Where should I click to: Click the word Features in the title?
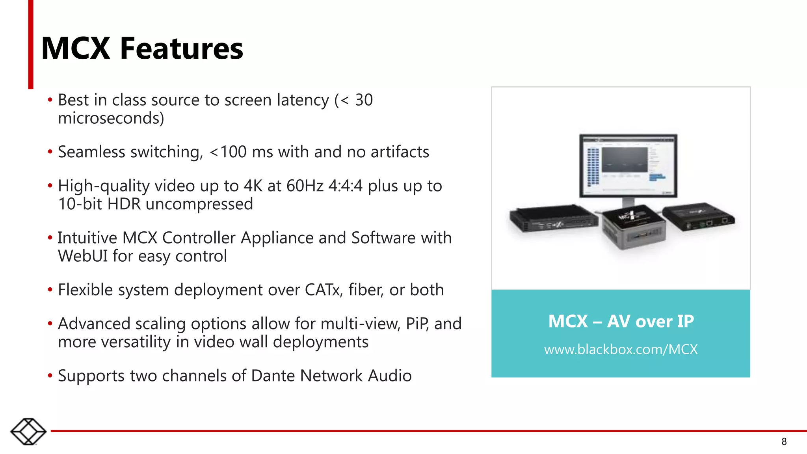[x=182, y=48]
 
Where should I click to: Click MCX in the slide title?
[x=76, y=48]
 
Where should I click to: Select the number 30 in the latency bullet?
[x=364, y=100]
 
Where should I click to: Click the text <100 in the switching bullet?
[x=228, y=152]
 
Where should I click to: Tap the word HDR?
[x=124, y=204]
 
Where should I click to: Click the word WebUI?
[x=83, y=256]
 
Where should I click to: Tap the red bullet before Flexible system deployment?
[x=50, y=290]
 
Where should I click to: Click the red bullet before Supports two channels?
[x=50, y=376]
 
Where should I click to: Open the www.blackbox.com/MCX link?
[x=621, y=350]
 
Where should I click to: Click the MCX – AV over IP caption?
[x=621, y=321]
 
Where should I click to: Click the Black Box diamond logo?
[x=28, y=432]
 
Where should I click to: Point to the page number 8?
[x=784, y=442]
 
